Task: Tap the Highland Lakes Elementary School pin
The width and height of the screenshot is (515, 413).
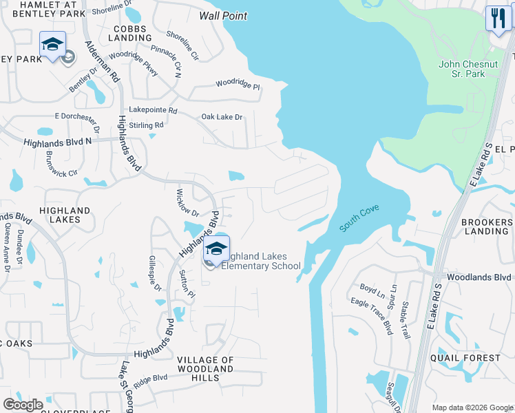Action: (216, 248)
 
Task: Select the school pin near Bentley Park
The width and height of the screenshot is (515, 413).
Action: (52, 45)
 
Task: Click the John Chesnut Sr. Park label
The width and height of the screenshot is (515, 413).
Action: (468, 69)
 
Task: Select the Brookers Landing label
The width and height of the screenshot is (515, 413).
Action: (487, 226)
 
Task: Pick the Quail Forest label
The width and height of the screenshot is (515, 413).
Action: (474, 358)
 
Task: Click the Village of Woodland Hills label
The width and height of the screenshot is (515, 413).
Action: (205, 369)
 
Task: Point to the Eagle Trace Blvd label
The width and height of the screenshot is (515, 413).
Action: (371, 312)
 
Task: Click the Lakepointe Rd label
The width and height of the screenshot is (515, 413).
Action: (153, 110)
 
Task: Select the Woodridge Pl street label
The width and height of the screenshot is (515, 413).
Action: (238, 86)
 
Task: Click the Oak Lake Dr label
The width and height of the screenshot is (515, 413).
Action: (222, 118)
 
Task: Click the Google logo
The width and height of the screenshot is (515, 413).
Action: (23, 405)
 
